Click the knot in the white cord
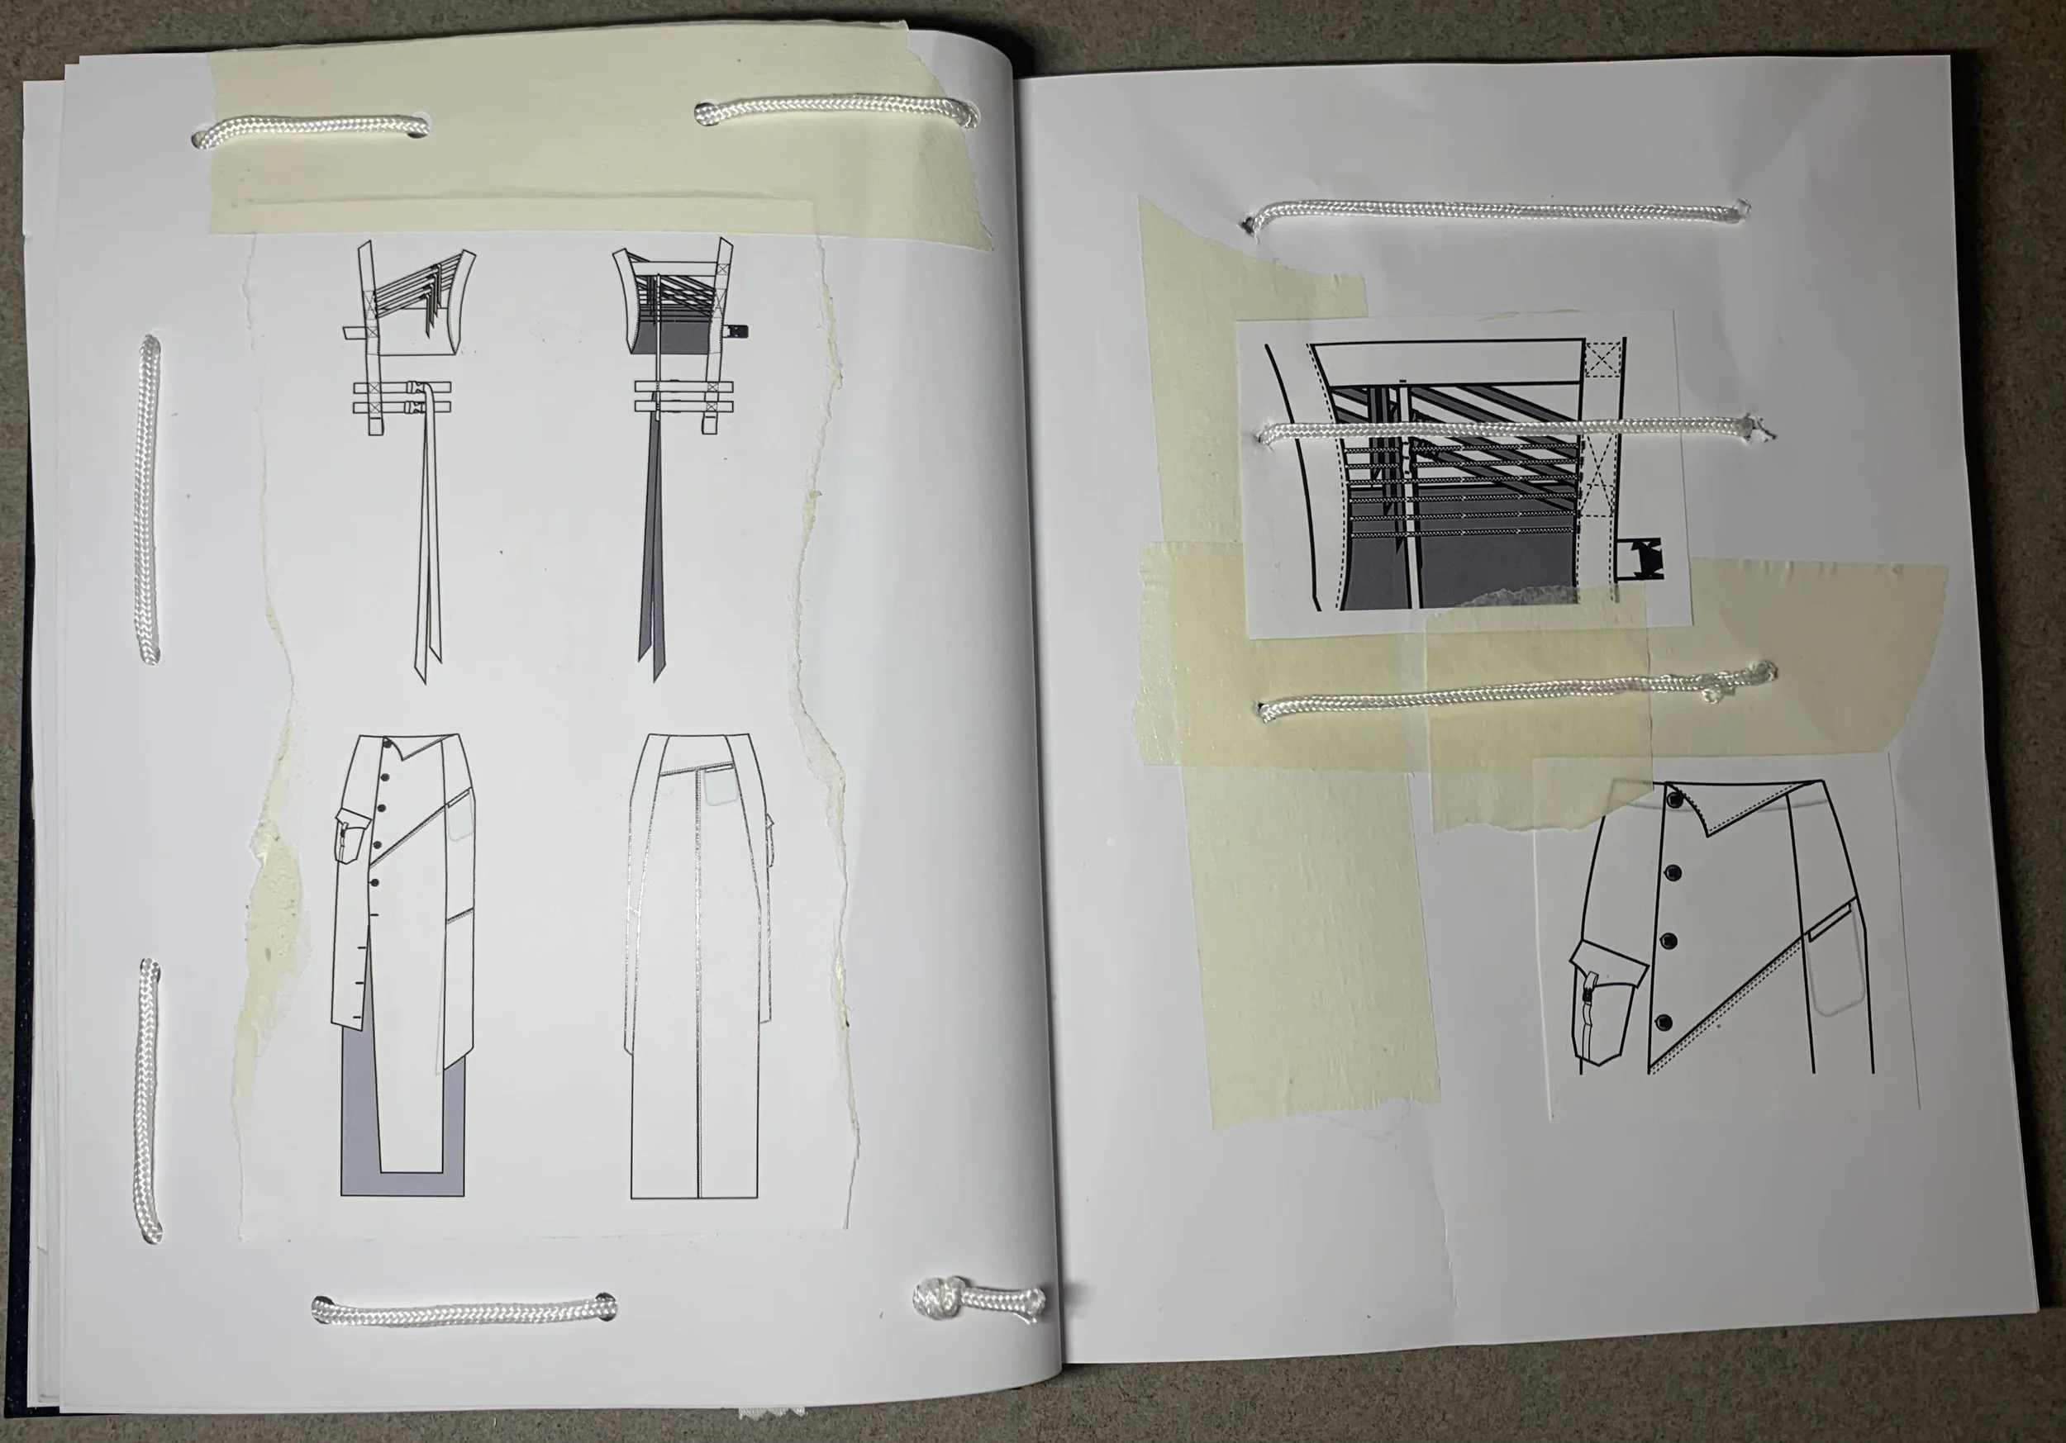pos(935,1298)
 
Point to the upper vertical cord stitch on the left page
pos(150,499)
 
